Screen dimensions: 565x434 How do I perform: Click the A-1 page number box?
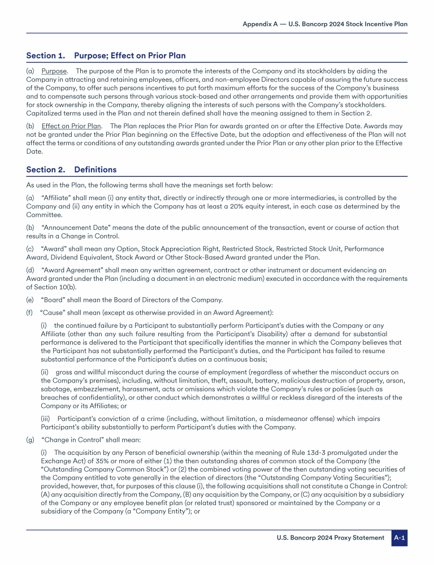(399, 537)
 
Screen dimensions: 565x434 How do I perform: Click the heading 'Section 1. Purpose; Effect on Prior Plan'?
(106, 55)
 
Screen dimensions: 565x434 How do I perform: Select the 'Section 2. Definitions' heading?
(71, 169)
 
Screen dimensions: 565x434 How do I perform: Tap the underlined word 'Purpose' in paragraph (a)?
(54, 71)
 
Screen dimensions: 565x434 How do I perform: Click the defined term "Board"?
(54, 299)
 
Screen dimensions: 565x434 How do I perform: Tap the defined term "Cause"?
(53, 312)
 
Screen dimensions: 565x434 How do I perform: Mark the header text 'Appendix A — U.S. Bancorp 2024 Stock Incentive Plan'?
(325, 24)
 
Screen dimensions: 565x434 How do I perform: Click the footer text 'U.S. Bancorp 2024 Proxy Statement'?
(331, 537)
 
